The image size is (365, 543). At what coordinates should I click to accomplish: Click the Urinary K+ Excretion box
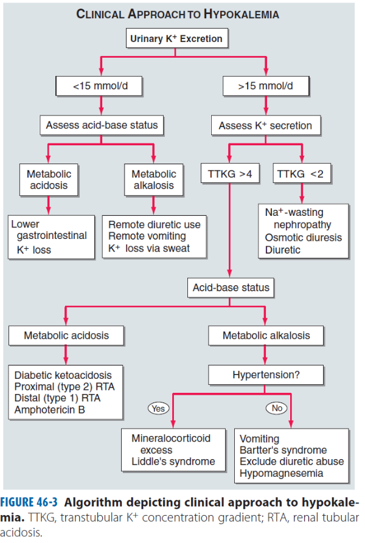[176, 38]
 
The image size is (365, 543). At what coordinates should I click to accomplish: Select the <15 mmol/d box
[99, 86]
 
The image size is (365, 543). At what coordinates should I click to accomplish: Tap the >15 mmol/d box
[266, 86]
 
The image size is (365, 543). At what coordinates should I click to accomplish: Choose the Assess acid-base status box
[102, 125]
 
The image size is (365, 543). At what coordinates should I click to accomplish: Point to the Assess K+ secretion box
[266, 125]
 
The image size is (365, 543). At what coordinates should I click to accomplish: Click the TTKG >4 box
[230, 173]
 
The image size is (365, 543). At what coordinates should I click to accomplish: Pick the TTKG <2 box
[302, 173]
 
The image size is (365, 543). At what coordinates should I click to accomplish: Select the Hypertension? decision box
[266, 375]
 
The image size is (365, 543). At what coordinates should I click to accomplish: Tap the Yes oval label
[158, 409]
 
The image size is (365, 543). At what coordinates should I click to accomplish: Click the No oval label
[277, 408]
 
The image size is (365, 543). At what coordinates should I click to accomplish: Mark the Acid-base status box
[231, 288]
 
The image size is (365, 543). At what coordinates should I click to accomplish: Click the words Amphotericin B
[49, 410]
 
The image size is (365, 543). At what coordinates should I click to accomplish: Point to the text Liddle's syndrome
[173, 462]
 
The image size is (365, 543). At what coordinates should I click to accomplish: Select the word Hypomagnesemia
[281, 474]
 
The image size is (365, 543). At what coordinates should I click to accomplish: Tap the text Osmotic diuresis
[304, 238]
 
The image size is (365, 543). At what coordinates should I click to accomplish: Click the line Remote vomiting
[147, 236]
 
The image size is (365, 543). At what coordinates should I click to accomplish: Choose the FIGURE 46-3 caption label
[29, 502]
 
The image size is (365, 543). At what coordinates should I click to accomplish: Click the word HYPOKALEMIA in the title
[242, 14]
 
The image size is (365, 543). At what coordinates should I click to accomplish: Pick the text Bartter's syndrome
[283, 450]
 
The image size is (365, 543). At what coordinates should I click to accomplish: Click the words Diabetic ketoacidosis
[63, 375]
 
